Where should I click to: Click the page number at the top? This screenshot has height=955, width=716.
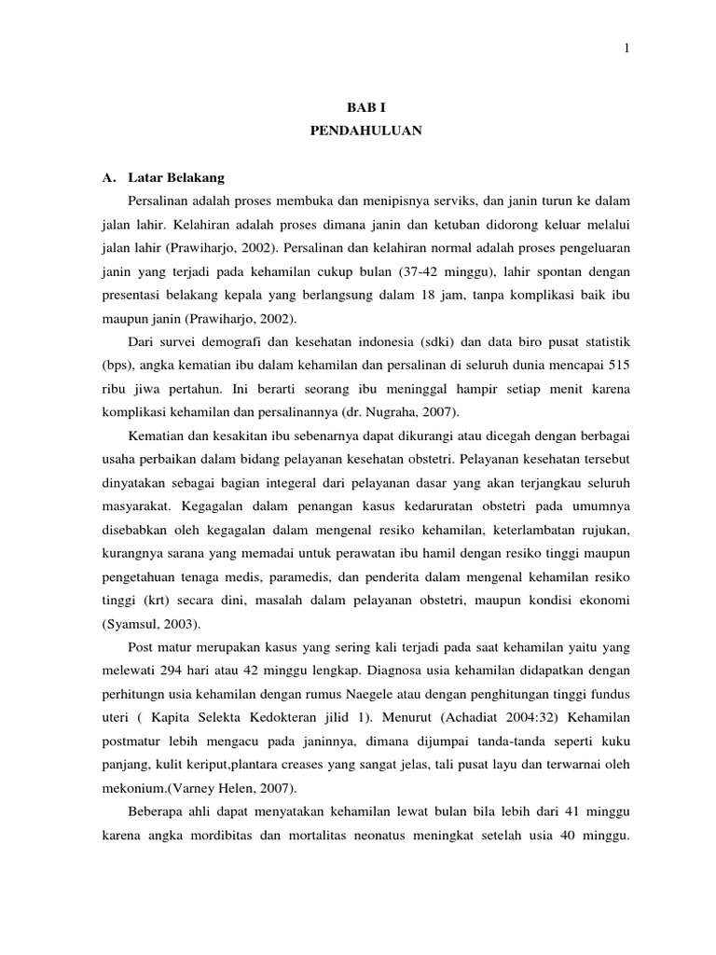coord(626,48)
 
